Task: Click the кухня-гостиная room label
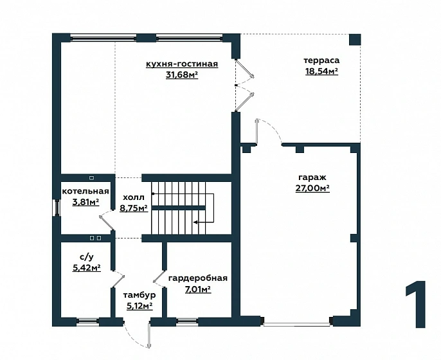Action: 182,64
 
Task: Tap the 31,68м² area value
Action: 182,75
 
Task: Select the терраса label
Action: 321,60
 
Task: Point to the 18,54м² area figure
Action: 321,71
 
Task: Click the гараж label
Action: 312,177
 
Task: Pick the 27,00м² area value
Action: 312,188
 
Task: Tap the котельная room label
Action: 85,192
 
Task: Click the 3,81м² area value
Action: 85,202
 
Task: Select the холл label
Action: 134,197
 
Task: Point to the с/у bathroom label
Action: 87,256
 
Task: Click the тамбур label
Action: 139,295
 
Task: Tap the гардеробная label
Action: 198,278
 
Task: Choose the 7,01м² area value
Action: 198,289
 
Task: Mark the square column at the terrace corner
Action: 355,40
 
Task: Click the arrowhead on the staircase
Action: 195,222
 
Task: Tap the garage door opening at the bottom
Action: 296,324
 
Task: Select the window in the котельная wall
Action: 57,208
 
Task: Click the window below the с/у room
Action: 87,321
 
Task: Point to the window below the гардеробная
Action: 187,321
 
